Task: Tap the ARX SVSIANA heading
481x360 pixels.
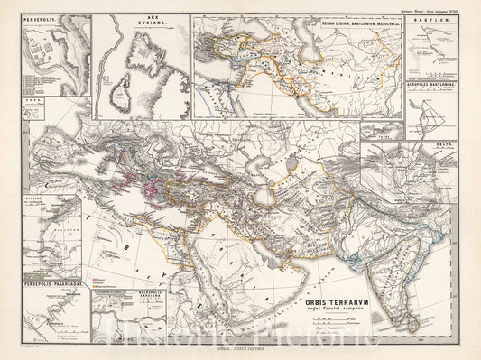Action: pyautogui.click(x=133, y=21)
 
